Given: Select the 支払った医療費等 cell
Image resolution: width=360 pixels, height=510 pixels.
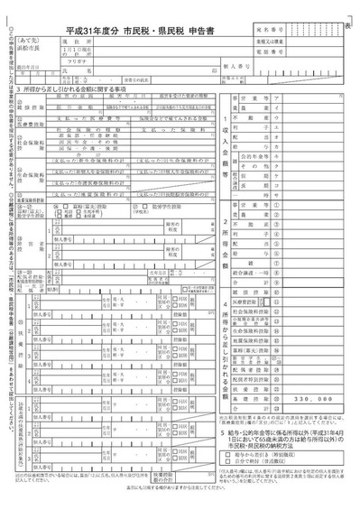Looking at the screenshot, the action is click(x=92, y=118).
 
